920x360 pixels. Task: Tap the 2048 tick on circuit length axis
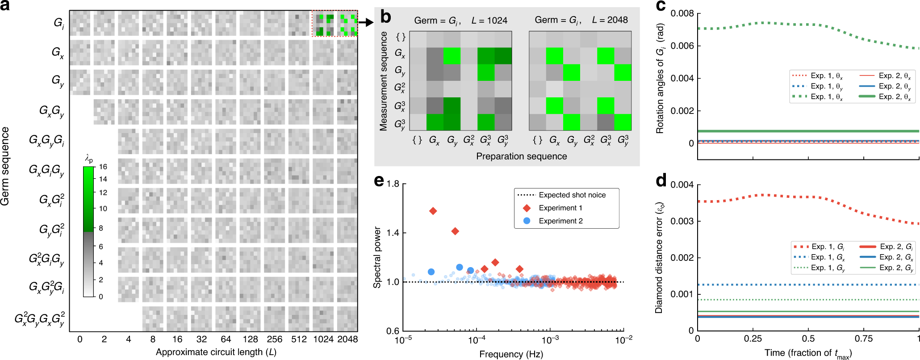347,339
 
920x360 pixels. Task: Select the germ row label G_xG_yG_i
46,140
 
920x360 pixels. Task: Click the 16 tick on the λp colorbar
103,167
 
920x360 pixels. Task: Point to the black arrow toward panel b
366,22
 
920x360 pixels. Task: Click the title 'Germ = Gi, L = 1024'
460,21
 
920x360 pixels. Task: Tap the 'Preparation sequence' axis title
521,156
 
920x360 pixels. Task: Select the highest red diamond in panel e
433,211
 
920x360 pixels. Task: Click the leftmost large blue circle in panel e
431,272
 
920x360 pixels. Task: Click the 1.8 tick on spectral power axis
393,184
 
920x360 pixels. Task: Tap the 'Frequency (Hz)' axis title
511,354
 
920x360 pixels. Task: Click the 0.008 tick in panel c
682,13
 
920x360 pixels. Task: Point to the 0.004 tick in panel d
682,185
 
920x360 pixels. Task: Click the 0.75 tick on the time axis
864,339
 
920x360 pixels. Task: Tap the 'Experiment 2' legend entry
560,221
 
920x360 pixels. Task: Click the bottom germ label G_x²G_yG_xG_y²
40,318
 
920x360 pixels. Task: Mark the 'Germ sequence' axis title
5,166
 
